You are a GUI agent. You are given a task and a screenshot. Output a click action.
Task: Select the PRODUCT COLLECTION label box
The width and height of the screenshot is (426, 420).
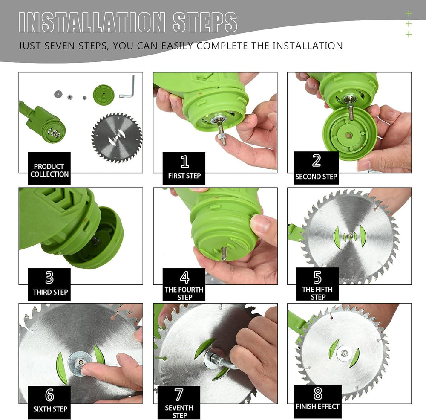pyautogui.click(x=49, y=170)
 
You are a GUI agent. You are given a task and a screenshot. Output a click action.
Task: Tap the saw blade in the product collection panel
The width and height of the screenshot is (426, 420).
pyautogui.click(x=117, y=138)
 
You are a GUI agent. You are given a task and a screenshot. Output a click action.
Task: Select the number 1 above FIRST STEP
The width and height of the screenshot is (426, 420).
pyautogui.click(x=184, y=162)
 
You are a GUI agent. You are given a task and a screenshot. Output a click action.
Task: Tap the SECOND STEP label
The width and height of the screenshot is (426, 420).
pyautogui.click(x=316, y=177)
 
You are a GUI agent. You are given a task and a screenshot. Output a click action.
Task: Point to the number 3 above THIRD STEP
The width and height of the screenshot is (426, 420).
pyautogui.click(x=49, y=278)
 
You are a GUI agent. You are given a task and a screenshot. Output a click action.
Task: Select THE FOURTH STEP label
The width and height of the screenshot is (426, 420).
pyautogui.click(x=184, y=293)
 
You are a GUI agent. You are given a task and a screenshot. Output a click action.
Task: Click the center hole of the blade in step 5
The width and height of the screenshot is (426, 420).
pyautogui.click(x=349, y=236)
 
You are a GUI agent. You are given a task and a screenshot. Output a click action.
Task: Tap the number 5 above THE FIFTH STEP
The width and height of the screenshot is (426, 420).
pyautogui.click(x=317, y=278)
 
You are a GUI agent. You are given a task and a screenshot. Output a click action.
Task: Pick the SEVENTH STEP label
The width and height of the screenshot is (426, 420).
pyautogui.click(x=179, y=411)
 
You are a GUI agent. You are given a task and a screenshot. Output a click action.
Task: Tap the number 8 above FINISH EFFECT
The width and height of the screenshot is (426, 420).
pyautogui.click(x=317, y=394)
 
